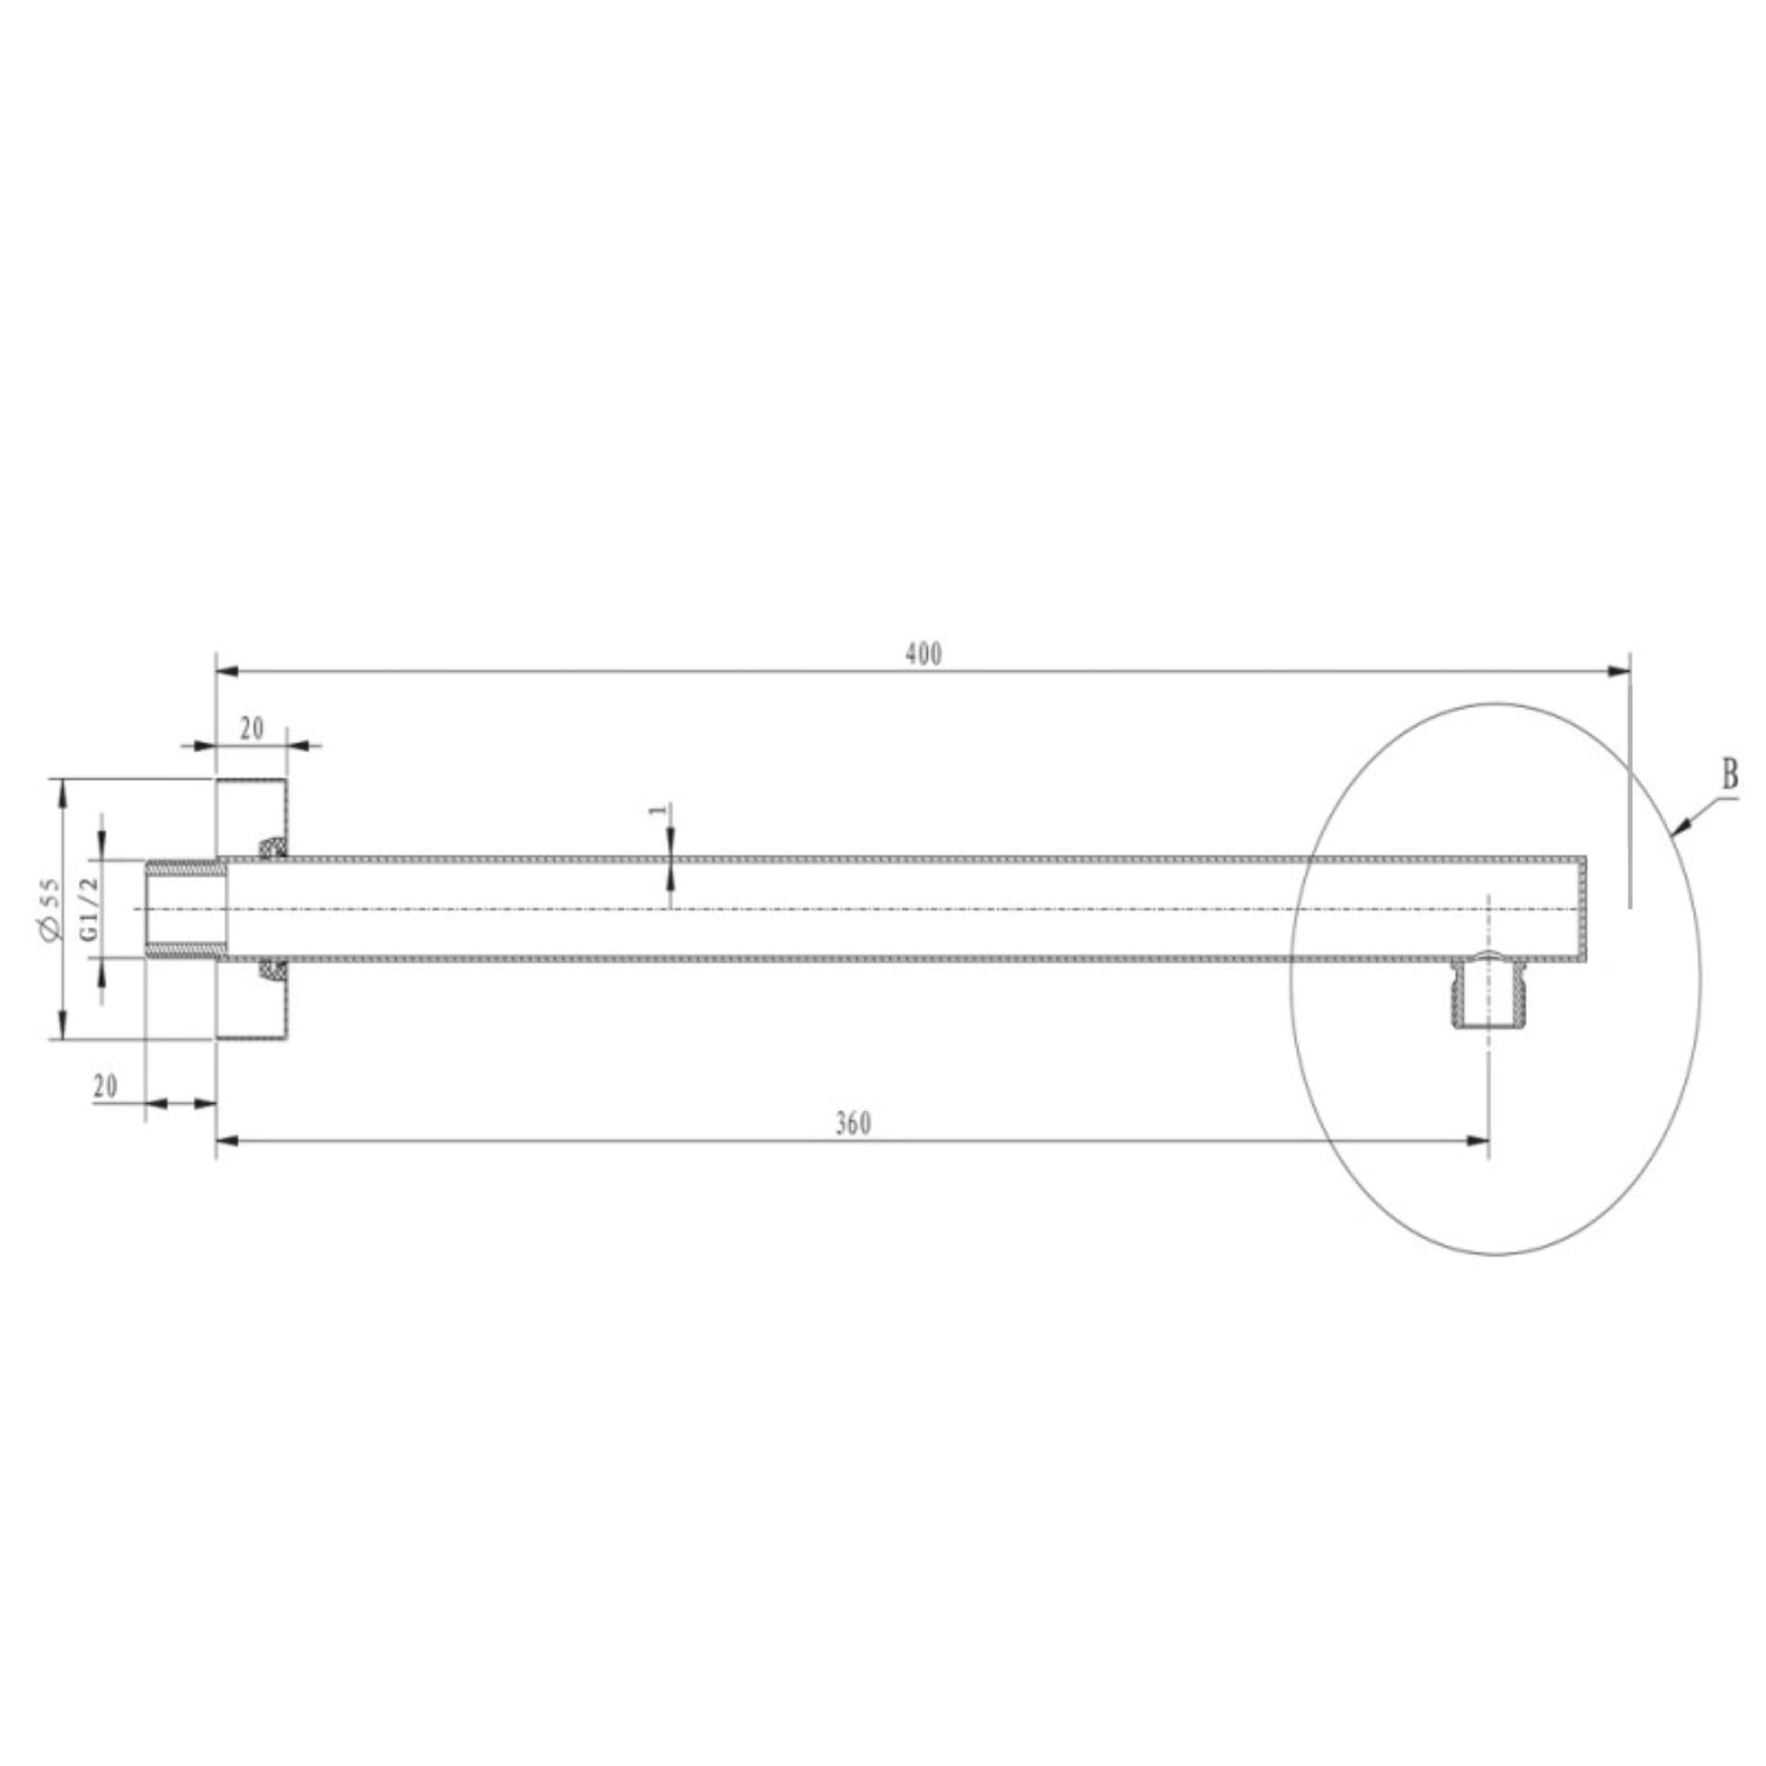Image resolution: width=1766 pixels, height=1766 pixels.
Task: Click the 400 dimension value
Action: [x=923, y=654]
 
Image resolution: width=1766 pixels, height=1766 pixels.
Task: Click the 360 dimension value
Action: [x=854, y=1123]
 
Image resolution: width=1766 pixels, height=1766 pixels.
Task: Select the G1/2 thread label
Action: [x=89, y=908]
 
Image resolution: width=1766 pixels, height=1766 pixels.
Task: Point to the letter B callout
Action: [x=1730, y=775]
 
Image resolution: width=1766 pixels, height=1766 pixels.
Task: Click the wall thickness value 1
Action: [x=657, y=810]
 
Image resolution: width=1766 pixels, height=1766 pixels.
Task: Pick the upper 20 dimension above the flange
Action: [x=252, y=728]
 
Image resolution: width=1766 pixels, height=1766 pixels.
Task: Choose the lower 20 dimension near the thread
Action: [x=106, y=1086]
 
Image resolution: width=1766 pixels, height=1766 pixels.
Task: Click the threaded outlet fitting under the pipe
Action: [x=1487, y=992]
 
